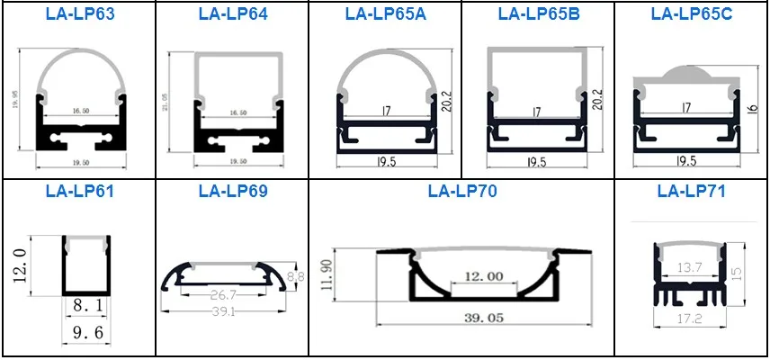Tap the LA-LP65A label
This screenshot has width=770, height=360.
(x=385, y=14)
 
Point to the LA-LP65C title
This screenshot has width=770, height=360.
(x=690, y=14)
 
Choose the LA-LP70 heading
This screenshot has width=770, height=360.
(x=462, y=191)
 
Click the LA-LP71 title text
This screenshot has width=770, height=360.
(x=691, y=191)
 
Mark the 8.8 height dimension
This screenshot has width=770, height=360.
(x=295, y=277)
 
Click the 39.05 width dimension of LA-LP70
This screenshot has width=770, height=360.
(x=462, y=333)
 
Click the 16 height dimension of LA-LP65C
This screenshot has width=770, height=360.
(x=753, y=112)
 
